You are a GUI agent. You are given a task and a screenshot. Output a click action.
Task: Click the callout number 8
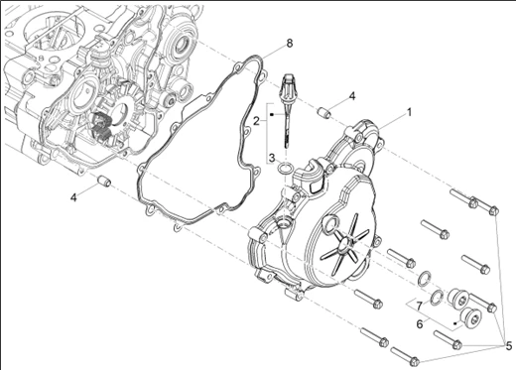tap(290, 44)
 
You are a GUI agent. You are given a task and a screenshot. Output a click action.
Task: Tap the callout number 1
tap(409, 112)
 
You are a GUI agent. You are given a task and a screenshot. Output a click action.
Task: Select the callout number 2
tap(257, 121)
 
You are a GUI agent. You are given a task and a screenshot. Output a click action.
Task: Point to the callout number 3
tap(272, 158)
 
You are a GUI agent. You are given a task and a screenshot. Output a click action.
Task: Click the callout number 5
tap(508, 346)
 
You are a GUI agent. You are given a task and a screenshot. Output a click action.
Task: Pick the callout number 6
tap(420, 324)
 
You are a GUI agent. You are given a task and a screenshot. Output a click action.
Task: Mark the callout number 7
tap(420, 307)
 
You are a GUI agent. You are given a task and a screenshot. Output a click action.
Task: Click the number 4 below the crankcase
tap(73, 197)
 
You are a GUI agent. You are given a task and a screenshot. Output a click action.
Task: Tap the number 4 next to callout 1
tap(352, 96)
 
